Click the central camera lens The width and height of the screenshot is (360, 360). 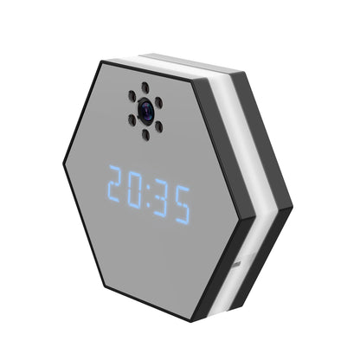tap(145, 109)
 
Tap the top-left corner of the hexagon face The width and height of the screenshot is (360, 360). tap(102, 64)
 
